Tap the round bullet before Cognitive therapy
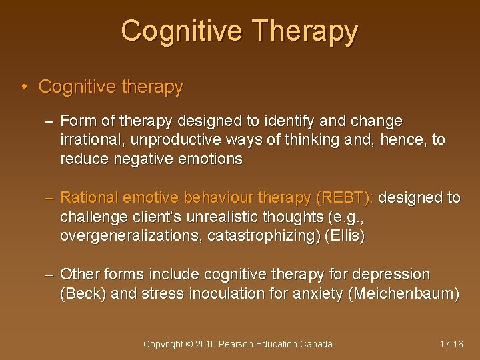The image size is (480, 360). [24, 87]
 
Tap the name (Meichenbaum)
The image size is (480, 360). [404, 294]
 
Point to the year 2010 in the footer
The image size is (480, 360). [205, 344]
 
